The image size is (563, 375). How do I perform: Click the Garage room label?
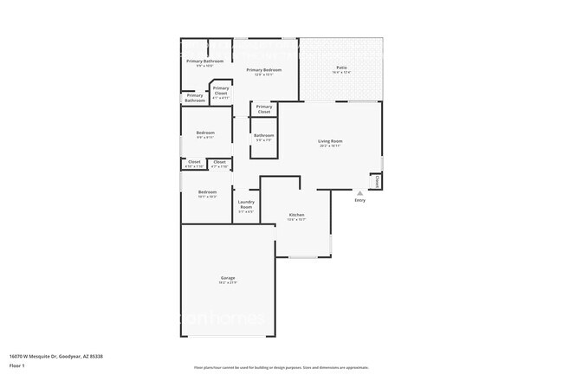(x=228, y=278)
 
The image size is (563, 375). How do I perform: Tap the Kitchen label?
(x=296, y=215)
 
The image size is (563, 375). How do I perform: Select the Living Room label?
(x=330, y=141)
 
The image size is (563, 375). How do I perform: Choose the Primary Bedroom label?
(x=263, y=69)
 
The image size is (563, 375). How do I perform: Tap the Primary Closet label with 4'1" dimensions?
(x=221, y=90)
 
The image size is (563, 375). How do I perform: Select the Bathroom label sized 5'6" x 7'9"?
(x=264, y=135)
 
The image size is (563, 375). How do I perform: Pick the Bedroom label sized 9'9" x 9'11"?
(x=204, y=133)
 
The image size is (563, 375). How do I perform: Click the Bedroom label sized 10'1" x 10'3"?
(x=207, y=191)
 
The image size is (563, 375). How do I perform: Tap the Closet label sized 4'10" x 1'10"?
(x=194, y=162)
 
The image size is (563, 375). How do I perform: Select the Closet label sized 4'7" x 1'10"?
(x=219, y=162)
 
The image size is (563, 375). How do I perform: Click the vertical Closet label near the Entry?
(x=377, y=182)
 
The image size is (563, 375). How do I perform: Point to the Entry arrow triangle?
(x=360, y=192)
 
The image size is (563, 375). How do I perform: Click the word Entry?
(x=360, y=200)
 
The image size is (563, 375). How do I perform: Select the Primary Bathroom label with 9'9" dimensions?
(x=205, y=61)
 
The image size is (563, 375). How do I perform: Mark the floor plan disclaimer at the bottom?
(x=281, y=368)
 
